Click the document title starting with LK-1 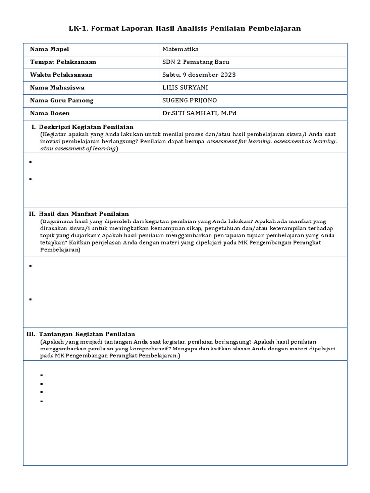click(x=185, y=28)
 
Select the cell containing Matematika click(x=180, y=49)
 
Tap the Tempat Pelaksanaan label click(x=63, y=62)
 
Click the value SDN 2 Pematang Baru click(x=196, y=62)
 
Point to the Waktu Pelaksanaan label click(x=61, y=75)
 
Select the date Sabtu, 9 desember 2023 click(x=199, y=75)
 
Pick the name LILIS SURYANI click(x=186, y=88)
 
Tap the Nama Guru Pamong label click(x=62, y=100)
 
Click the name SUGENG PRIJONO click(x=190, y=100)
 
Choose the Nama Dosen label click(x=50, y=113)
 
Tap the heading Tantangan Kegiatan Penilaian click(x=87, y=334)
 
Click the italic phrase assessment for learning click(x=240, y=142)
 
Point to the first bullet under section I click(x=30, y=162)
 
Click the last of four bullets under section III click(x=42, y=401)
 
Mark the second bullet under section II click(x=30, y=299)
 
